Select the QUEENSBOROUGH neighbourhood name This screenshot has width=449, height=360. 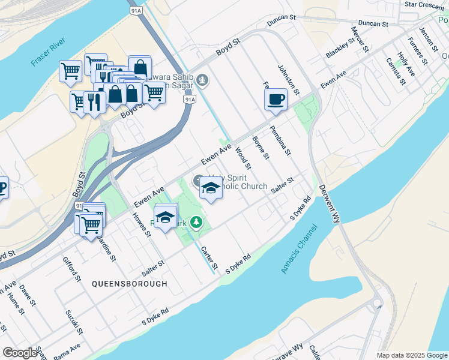130,283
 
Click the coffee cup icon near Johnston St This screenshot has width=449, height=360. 276,99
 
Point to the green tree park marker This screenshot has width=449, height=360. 196,223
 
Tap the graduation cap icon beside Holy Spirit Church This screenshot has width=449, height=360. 210,188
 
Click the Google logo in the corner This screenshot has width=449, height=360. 20,353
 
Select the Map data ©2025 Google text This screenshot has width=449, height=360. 412,355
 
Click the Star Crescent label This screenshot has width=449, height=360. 424,4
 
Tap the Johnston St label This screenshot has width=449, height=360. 288,79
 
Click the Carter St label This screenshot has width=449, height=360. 209,257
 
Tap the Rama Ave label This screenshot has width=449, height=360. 67,352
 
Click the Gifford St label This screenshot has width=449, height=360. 71,269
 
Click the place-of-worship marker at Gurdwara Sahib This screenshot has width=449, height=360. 203,80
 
